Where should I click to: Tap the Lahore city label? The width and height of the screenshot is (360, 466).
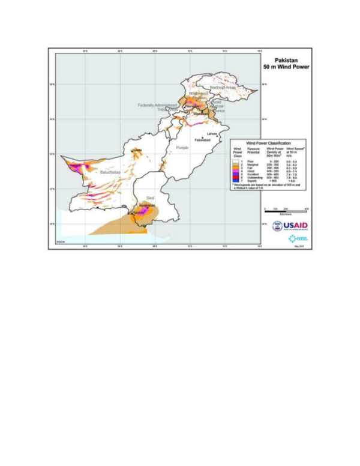click(211, 134)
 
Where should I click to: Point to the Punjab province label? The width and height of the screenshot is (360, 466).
click(182, 147)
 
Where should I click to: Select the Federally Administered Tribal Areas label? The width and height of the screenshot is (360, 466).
click(158, 107)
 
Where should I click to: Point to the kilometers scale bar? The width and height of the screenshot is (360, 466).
click(286, 210)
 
